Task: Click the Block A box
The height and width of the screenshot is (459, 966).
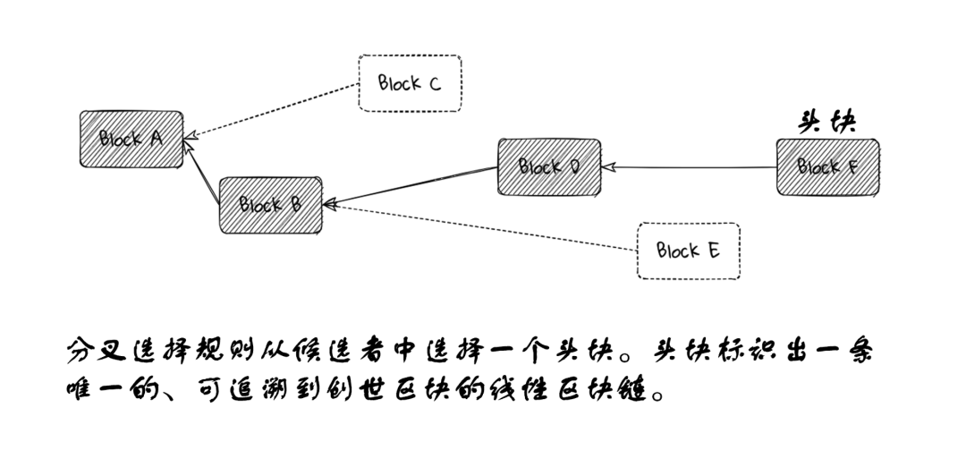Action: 131,139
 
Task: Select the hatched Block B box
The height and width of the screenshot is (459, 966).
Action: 271,205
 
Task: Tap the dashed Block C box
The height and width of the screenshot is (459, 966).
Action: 410,83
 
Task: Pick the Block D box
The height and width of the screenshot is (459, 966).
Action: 549,167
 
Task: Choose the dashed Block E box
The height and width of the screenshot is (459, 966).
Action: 688,251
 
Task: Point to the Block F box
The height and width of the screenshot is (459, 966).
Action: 827,166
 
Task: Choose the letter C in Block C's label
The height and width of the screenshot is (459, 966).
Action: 434,84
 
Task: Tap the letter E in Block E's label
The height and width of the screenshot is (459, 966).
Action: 713,251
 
